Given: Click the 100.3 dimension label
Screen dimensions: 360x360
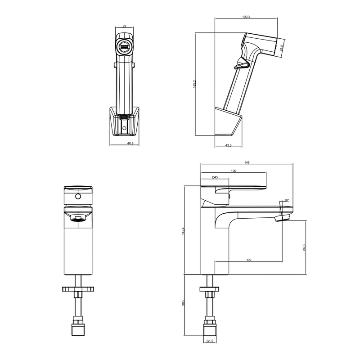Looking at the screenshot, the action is (x=246, y=17).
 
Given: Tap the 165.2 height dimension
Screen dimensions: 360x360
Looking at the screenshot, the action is (x=195, y=84).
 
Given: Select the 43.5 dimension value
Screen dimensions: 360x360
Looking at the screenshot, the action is (x=229, y=145).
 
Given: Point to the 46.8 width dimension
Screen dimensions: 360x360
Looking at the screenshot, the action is (x=130, y=144).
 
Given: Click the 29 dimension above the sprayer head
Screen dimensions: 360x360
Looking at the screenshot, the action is (x=125, y=26).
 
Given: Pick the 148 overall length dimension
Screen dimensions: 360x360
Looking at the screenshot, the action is (x=247, y=162).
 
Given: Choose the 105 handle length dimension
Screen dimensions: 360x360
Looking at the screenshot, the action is (x=234, y=171).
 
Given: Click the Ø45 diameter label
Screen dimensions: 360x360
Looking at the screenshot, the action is (x=215, y=177).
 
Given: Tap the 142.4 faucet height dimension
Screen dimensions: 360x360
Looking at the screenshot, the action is (x=183, y=231).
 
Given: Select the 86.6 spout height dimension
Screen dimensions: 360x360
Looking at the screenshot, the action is (x=304, y=247).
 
